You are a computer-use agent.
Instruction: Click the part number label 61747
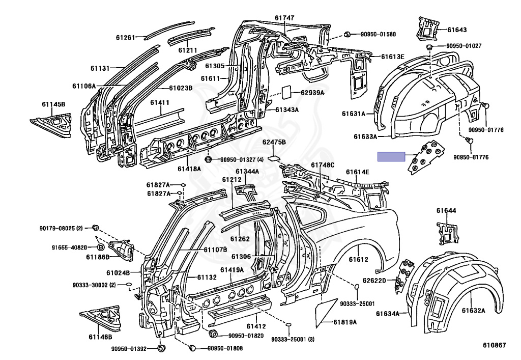pyautogui.click(x=284, y=18)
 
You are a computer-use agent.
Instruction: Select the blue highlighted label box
pyautogui.click(x=391, y=156)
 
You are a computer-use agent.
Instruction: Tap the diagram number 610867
pyautogui.click(x=495, y=345)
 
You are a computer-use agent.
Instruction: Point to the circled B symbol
pyautogui.click(x=100, y=247)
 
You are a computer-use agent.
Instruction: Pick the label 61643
pyautogui.click(x=457, y=30)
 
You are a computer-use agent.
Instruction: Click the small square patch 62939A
pyautogui.click(x=287, y=92)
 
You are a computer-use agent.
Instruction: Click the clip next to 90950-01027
pyautogui.click(x=429, y=46)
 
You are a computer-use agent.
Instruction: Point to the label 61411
pyautogui.click(x=159, y=102)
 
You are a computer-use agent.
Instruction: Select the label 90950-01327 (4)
pyautogui.click(x=242, y=160)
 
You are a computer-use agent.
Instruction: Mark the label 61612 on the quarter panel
pyautogui.click(x=359, y=259)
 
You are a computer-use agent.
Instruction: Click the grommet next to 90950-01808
pyautogui.click(x=192, y=348)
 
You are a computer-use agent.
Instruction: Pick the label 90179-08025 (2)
pyautogui.click(x=61, y=228)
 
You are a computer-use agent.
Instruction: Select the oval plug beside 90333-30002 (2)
pyautogui.click(x=129, y=285)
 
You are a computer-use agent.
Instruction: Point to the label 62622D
pyautogui.click(x=374, y=281)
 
